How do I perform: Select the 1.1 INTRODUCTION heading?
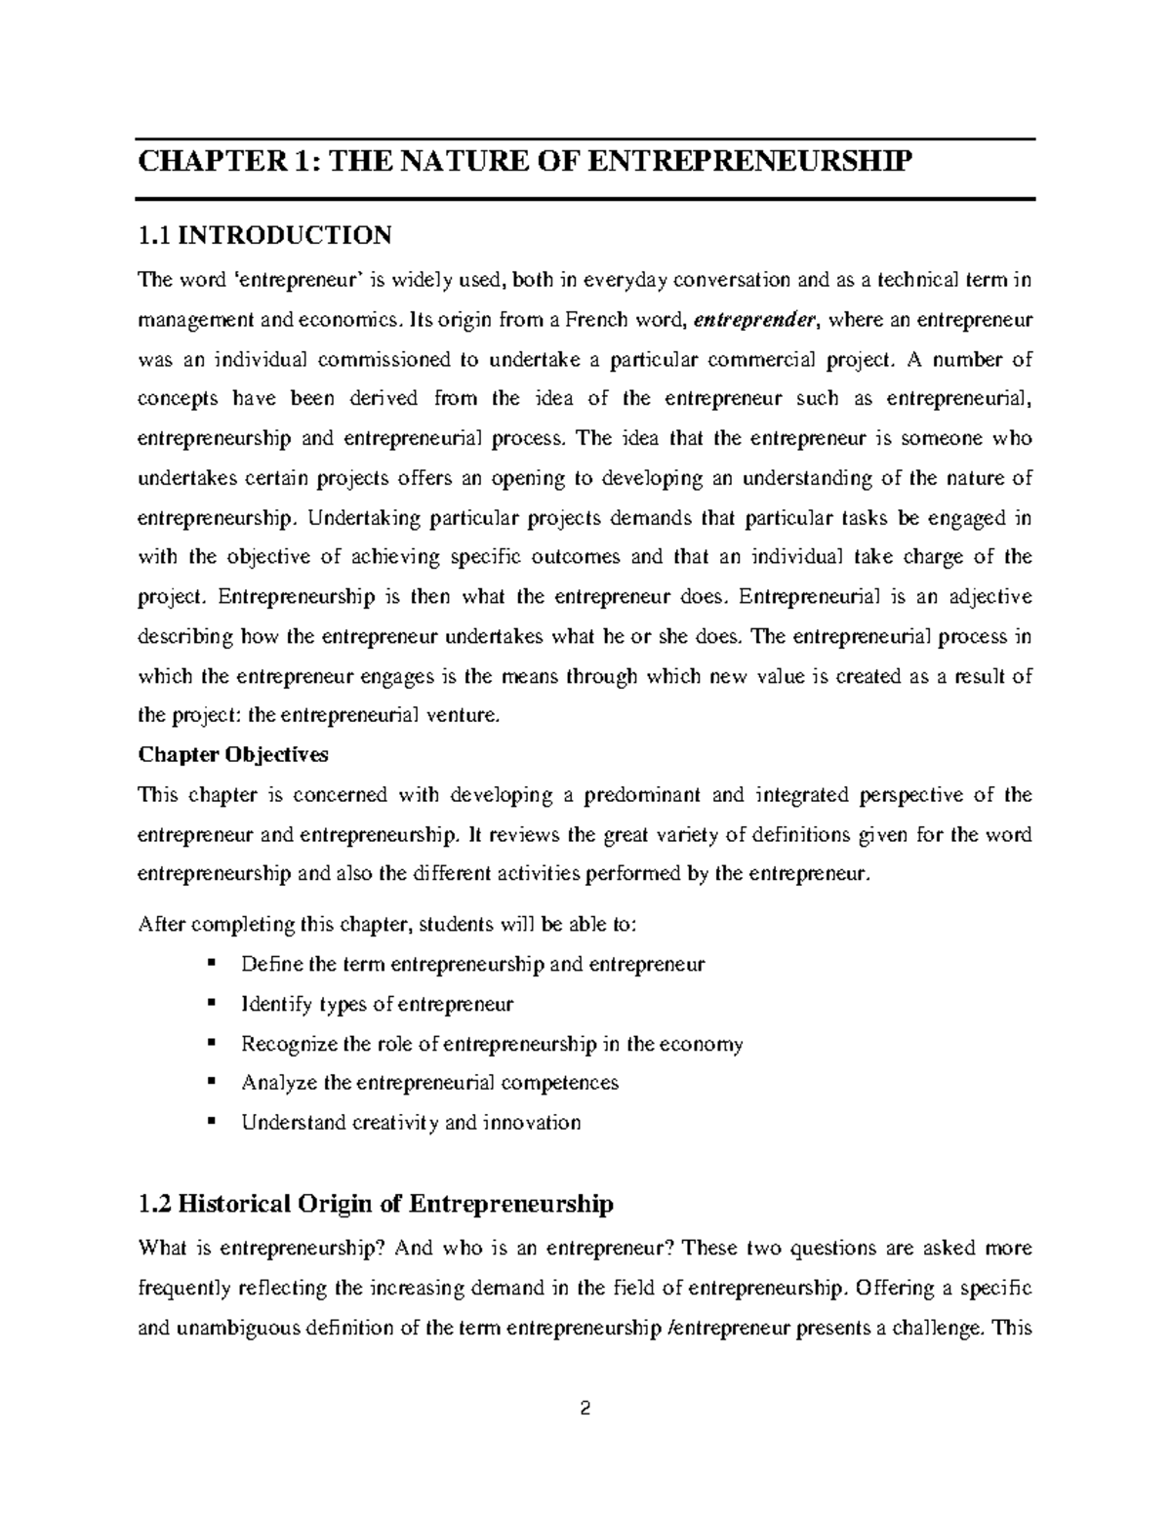pos(264,235)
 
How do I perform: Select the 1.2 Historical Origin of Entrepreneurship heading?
pos(377,1204)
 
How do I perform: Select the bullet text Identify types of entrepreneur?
pos(377,1004)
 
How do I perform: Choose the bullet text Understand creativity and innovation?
pos(411,1122)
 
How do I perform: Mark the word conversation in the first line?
pos(732,281)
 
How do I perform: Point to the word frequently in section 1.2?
pos(184,1289)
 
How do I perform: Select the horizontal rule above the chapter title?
pos(585,140)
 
